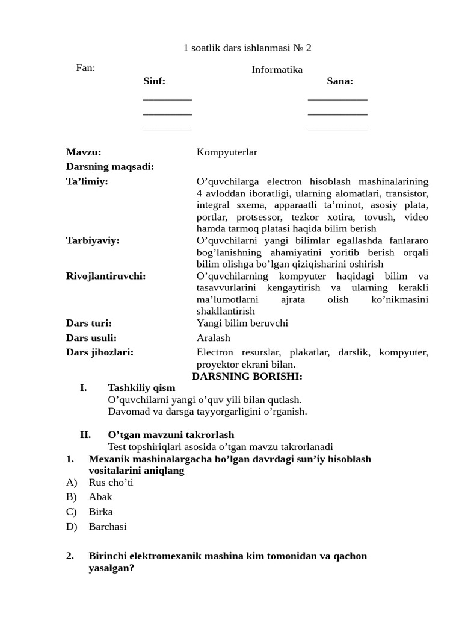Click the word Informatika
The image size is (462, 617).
point(277,70)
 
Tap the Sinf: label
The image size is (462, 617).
point(154,81)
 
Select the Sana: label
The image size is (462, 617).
point(340,81)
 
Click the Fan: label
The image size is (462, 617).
point(85,68)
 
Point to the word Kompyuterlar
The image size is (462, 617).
point(227,152)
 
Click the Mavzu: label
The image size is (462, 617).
point(84,152)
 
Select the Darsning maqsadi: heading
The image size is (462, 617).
point(110,167)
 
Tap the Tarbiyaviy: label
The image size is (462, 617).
point(93,240)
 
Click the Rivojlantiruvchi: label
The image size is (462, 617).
point(106,276)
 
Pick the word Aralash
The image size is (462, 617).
point(214,338)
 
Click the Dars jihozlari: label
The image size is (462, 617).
point(100,352)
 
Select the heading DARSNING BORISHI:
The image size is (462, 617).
point(247,377)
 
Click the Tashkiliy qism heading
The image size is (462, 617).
point(141,388)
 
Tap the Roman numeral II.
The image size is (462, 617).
point(85,435)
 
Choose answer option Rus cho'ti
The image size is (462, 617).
point(111,483)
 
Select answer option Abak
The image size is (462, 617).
point(100,497)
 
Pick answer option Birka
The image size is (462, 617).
point(100,512)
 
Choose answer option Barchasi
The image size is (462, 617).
point(108,527)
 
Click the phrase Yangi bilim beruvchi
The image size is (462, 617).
point(242,323)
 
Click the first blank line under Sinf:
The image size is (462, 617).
point(167,98)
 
